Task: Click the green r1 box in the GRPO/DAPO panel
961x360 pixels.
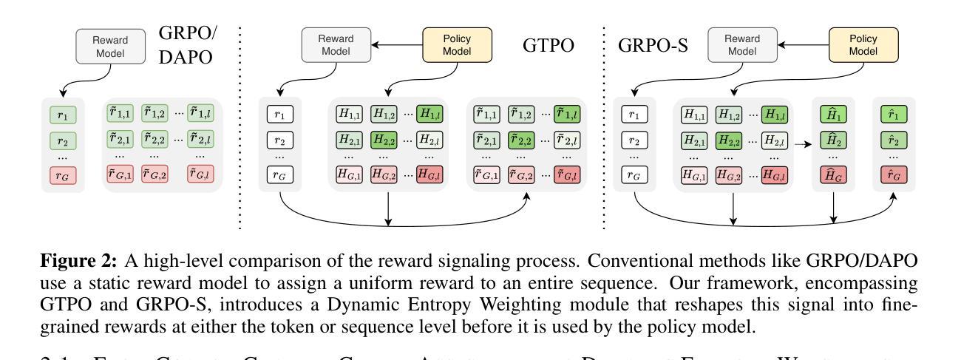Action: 63,115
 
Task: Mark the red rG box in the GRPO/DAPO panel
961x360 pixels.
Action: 63,175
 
